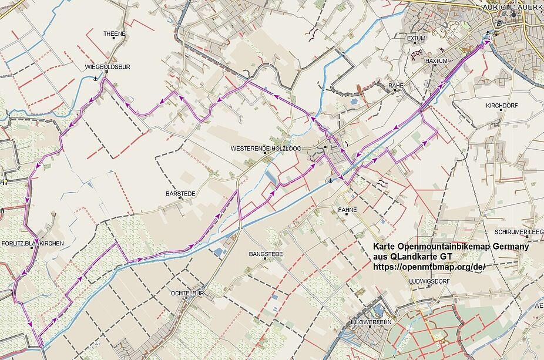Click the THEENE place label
pyautogui.click(x=115, y=34)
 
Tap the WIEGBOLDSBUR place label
pyautogui.click(x=107, y=67)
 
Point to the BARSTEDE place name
pyautogui.click(x=180, y=193)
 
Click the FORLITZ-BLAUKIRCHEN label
pyautogui.click(x=33, y=243)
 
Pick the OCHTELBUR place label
pyautogui.click(x=187, y=292)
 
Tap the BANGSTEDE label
pyautogui.click(x=266, y=254)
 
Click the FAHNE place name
pyautogui.click(x=347, y=210)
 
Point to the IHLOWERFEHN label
pyautogui.click(x=370, y=322)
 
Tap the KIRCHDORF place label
pyautogui.click(x=501, y=106)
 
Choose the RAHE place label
pyautogui.click(x=396, y=86)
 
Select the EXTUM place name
pyautogui.click(x=416, y=39)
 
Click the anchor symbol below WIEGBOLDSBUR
pyautogui.click(x=96, y=78)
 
